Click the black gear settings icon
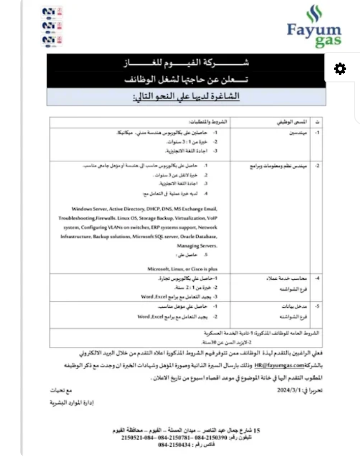340,69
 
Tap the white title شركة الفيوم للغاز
187,65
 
